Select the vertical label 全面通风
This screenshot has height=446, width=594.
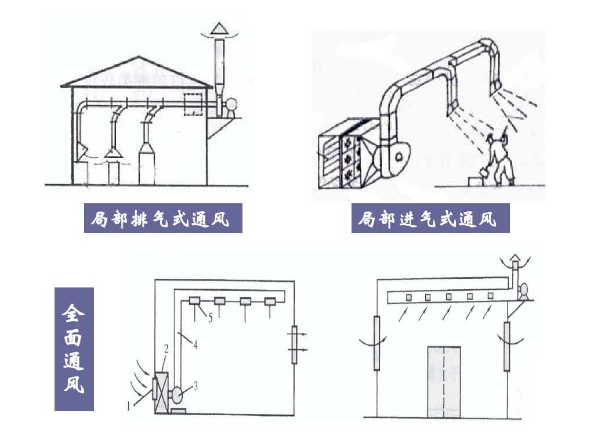point(74,349)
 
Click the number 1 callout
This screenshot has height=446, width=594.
point(128,406)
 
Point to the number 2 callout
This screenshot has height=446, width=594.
point(166,348)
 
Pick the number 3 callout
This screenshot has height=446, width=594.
point(196,384)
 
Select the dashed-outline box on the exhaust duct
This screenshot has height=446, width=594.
point(194,104)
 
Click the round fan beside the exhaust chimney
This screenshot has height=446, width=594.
point(231,105)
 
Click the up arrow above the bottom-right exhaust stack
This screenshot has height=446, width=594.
point(516,260)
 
